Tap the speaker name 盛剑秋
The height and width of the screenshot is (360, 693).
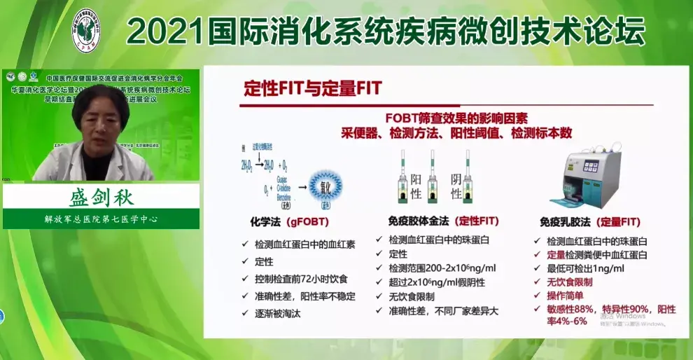point(102,196)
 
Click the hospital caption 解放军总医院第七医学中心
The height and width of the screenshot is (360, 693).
point(101,219)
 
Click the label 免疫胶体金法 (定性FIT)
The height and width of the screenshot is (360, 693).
point(443,221)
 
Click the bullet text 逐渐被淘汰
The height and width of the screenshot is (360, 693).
point(278,314)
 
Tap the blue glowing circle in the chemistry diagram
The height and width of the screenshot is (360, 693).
point(326,188)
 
